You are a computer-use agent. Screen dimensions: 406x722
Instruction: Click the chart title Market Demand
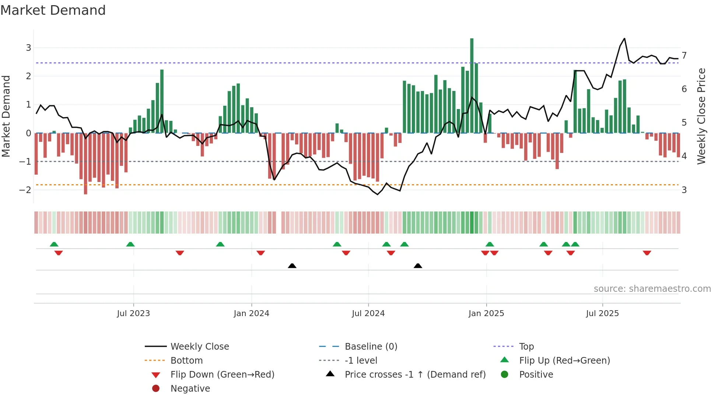53,10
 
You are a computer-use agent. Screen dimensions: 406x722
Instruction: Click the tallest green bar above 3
472,85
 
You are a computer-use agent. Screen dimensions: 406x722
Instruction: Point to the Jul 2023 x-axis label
133,314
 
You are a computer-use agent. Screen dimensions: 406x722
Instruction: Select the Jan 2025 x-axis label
486,314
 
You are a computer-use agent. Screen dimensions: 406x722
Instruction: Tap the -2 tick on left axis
25,190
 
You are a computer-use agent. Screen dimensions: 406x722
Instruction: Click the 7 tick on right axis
684,56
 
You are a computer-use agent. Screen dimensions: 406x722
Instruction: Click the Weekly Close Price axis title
701,116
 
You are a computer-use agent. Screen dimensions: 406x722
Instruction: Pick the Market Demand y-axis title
6,116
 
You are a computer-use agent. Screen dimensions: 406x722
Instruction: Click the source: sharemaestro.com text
652,289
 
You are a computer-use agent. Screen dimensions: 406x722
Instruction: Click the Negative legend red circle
156,389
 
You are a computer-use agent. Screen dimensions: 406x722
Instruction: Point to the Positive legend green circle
505,375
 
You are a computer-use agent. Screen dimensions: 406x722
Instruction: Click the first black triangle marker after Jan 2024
292,266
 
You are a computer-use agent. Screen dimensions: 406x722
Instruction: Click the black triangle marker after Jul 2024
418,266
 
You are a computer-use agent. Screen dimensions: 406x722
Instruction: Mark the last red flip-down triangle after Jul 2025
647,253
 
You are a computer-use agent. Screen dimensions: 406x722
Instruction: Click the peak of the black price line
624,38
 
